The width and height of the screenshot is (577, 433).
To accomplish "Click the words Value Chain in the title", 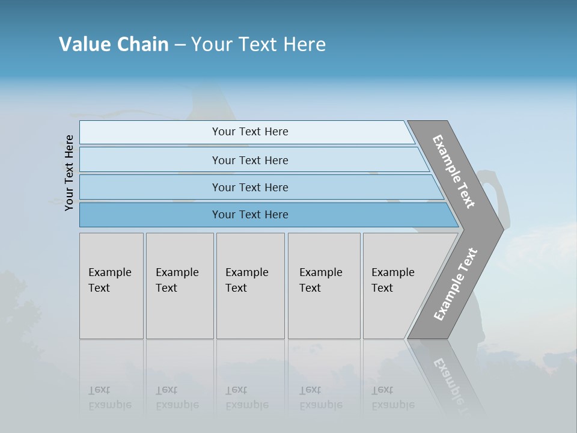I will coord(114,44).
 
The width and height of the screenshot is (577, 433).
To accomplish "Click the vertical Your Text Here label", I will coord(69,173).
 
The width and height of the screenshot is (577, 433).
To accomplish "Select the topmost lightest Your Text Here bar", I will coord(249,132).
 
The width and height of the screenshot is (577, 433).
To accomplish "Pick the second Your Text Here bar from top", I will coord(249,160).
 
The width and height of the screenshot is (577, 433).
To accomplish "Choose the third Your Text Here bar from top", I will coord(249,187).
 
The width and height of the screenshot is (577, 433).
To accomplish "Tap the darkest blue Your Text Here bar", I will coord(249,215).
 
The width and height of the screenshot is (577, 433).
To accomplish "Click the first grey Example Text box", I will coord(111,286).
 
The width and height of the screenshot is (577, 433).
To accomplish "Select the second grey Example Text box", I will coord(180,286).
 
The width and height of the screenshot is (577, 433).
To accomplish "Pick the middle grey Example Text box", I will coord(250,286).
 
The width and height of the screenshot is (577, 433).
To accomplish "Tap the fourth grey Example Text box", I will coord(324,286).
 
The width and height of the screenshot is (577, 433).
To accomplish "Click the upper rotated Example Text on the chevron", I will coord(454,171).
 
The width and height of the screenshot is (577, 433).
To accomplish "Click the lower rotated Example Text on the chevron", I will coord(456,284).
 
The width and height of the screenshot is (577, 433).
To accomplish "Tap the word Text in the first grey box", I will coord(99,288).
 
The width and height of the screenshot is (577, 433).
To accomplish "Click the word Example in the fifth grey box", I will coord(392,272).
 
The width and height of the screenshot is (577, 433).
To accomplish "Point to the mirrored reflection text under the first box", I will coord(109,398).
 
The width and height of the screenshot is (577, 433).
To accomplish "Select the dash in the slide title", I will coord(180,44).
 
